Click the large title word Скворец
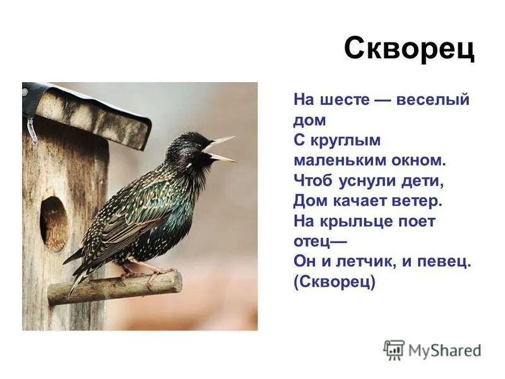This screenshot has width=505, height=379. pyautogui.click(x=408, y=48)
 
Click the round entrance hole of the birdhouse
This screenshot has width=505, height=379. pyautogui.click(x=54, y=223)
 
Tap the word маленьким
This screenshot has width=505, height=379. pyautogui.click(x=335, y=160)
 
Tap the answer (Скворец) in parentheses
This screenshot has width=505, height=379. pyautogui.click(x=335, y=282)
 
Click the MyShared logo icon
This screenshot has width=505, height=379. pyautogui.click(x=393, y=350)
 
